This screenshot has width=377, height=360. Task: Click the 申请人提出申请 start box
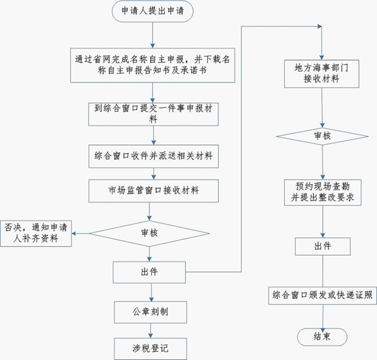pos(149,11)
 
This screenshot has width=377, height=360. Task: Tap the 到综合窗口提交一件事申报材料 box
pos(149,113)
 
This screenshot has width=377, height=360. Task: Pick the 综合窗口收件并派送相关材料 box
pos(149,156)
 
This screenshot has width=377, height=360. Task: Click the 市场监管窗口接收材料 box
pos(149,190)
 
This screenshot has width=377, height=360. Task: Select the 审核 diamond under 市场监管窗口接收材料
pos(149,232)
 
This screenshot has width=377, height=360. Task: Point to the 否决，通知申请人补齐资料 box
pos(36,232)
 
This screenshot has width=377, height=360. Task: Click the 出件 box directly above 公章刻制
pos(149,271)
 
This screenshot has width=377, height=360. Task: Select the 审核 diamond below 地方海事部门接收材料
pos(321,135)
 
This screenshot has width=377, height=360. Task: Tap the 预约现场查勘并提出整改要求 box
pos(321,191)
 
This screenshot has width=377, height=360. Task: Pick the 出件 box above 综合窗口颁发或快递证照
pos(321,246)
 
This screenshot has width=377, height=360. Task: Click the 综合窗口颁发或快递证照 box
pos(321,295)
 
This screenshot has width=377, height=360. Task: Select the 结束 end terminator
pos(321,336)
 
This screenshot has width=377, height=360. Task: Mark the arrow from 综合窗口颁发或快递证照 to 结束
pos(321,316)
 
